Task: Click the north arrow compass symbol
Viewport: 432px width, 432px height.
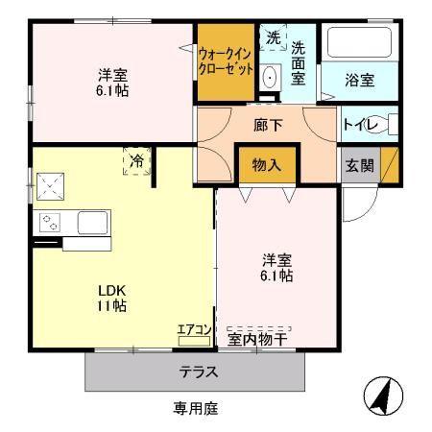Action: point(383,396)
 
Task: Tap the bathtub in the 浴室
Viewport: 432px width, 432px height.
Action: point(360,42)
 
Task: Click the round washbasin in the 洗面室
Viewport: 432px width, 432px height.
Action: point(271,77)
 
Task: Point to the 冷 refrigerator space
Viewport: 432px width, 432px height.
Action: point(137,161)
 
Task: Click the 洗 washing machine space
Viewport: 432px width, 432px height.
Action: point(273,37)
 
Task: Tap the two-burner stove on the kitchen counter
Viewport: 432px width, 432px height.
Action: point(50,223)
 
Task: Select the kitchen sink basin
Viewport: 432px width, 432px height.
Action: point(92,223)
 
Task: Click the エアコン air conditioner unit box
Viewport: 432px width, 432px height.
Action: point(194,341)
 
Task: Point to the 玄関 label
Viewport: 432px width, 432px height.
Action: point(360,165)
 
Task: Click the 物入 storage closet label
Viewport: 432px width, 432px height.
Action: point(267,165)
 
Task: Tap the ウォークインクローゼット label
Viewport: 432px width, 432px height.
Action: point(226,61)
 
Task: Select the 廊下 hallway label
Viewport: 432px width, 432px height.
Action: point(268,125)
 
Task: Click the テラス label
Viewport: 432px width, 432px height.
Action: point(199,372)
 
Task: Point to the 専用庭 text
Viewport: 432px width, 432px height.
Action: point(196,408)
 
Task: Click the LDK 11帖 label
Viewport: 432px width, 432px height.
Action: point(111,299)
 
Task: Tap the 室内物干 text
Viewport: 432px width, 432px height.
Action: point(257,340)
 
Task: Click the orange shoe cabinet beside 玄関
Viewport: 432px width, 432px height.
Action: point(390,165)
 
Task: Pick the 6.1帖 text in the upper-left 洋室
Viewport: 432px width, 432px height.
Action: point(112,91)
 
